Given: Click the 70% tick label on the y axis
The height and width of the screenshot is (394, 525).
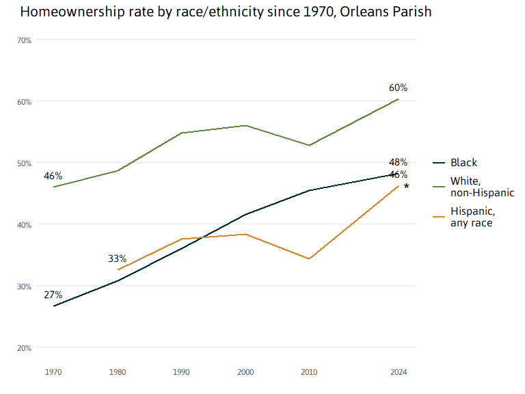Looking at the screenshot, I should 25,40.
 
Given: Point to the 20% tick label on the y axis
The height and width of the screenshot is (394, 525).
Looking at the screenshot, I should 25,348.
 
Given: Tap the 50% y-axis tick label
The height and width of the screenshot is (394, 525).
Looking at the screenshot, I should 25,163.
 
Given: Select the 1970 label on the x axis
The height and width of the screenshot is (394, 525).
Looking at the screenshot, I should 53,372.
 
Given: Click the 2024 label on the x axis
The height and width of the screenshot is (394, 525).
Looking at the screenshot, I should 399,372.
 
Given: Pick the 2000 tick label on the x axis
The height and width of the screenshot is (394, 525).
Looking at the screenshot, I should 246,372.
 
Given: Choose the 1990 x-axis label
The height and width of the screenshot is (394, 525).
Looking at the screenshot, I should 181,372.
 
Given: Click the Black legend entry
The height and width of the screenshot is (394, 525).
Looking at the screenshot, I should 463,163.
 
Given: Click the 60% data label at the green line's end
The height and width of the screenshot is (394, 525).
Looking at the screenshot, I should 399,88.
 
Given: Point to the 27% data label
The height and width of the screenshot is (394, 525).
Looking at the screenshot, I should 53,295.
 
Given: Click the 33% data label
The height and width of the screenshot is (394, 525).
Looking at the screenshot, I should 117,259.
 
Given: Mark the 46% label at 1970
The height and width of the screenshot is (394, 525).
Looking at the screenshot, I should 53,176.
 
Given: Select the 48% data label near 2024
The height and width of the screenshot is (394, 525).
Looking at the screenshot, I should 399,162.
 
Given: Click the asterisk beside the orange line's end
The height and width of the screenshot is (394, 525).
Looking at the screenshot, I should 407,187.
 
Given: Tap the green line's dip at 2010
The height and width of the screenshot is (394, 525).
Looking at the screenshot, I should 310,145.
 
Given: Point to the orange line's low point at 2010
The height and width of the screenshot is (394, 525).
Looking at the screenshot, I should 310,259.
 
